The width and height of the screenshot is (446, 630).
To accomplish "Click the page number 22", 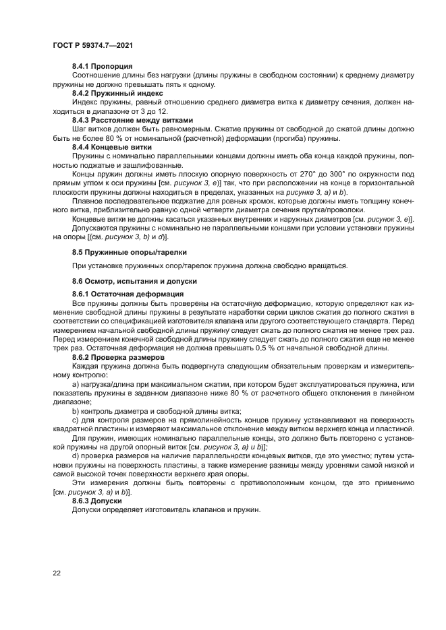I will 57,573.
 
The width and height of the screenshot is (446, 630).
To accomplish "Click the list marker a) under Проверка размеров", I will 76,383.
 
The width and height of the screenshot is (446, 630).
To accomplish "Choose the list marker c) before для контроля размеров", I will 76,419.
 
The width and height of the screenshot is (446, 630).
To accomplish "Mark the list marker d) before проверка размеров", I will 76,456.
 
